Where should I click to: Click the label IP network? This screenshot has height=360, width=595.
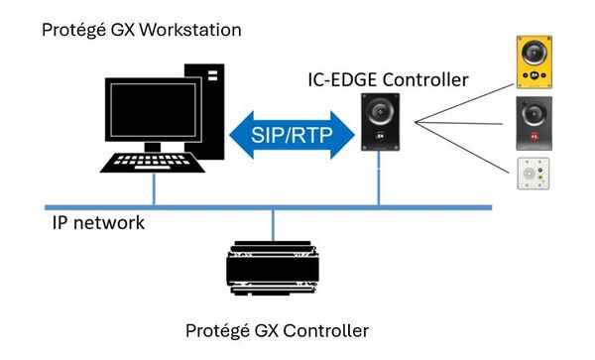(x=98, y=223)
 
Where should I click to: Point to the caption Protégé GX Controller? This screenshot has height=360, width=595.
(x=278, y=329)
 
